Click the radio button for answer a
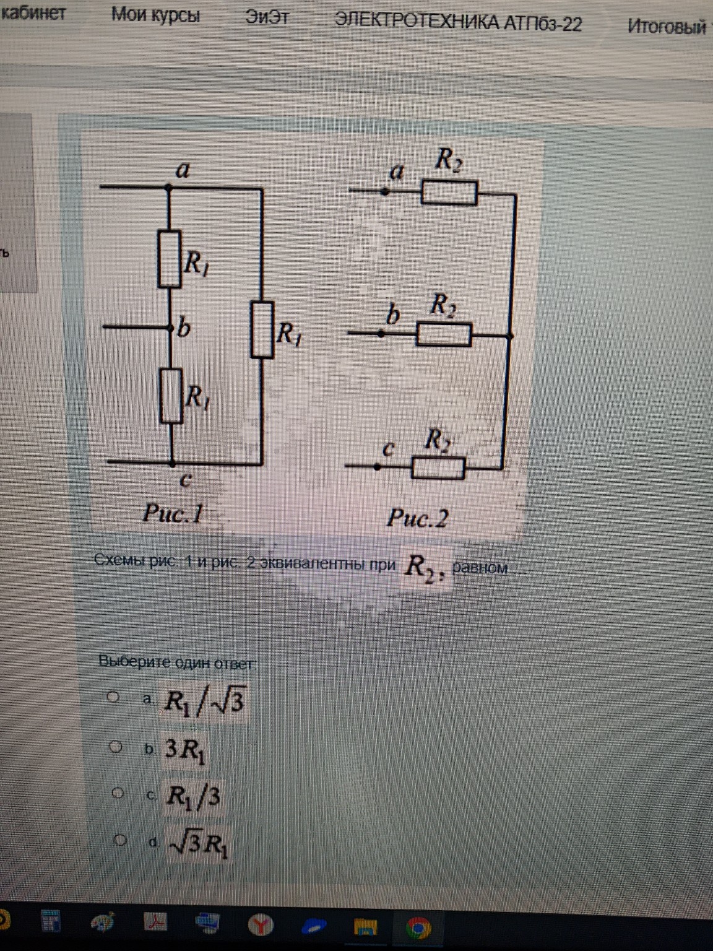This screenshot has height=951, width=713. [x=113, y=697]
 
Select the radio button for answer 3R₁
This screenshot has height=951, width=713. [x=116, y=747]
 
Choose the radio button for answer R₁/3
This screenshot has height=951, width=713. [x=118, y=793]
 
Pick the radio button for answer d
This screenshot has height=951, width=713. [x=120, y=840]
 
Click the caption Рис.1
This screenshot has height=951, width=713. [x=173, y=513]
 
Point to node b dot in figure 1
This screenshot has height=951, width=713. [x=171, y=326]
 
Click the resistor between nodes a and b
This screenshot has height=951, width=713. [x=170, y=259]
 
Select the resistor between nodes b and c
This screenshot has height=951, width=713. [x=171, y=396]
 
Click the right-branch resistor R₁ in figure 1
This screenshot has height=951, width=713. [x=262, y=329]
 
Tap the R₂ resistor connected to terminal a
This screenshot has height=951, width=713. [x=449, y=193]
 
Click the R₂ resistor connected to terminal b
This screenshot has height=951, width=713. [x=444, y=335]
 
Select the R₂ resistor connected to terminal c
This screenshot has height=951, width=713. [x=438, y=467]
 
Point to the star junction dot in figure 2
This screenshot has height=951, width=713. [x=509, y=336]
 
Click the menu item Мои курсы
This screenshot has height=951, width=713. [x=155, y=15]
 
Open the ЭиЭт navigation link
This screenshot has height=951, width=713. [x=267, y=17]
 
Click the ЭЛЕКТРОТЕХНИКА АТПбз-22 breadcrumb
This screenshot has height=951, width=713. [x=458, y=23]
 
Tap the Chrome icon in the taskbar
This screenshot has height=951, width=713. [x=418, y=927]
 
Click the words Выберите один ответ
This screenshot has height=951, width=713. [x=176, y=662]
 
